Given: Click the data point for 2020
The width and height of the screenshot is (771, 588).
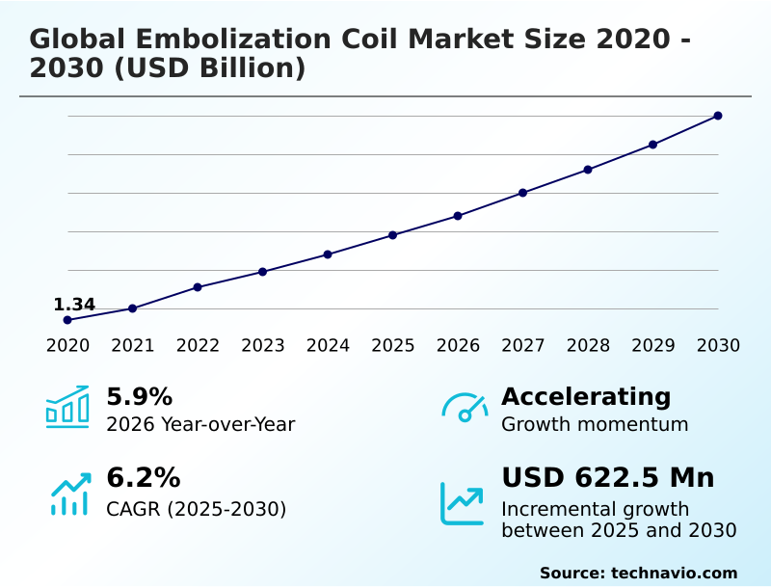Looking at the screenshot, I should coord(67,320).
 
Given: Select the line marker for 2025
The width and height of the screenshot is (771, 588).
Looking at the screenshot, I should coord(393,235).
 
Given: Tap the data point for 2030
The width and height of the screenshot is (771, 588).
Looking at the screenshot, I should coord(718,116).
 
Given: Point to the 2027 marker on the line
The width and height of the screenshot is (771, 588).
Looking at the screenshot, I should coord(523,193).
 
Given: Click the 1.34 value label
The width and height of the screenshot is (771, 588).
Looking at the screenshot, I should coord(74,306).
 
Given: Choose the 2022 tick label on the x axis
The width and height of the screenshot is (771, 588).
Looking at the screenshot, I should coord(198,346).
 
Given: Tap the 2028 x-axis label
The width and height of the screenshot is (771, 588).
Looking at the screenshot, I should coord(588,346).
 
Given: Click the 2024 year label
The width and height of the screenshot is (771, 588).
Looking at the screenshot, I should coord(328,346).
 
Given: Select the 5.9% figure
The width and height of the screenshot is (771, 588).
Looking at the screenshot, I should coord(139,397).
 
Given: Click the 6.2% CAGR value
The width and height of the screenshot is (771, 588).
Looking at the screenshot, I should coord(143,478).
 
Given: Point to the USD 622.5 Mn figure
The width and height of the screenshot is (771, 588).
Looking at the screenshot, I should coord(607,478).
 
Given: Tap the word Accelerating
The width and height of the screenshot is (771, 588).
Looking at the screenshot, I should coord(586,397).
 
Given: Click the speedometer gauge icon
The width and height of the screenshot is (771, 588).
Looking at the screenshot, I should coord(465,408).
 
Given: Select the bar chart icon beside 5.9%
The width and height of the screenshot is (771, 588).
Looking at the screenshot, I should coord(67,407).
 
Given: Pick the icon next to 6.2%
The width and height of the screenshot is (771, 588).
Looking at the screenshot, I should coord(69,494).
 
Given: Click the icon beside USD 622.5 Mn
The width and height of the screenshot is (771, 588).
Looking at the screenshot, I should coord(463,503).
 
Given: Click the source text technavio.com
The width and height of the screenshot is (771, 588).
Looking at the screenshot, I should coord(674,573).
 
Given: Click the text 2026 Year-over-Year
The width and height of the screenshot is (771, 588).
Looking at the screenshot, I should coord(200,424).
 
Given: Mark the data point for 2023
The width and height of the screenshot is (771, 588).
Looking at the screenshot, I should coord(263,272).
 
